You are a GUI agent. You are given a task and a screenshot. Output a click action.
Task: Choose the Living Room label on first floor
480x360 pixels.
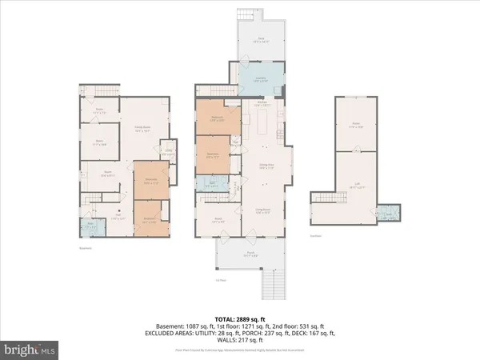[x=261, y=210]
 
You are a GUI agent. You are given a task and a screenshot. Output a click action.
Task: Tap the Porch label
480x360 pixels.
[x=250, y=255]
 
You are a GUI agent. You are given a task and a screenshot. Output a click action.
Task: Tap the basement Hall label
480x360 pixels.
[x=118, y=215]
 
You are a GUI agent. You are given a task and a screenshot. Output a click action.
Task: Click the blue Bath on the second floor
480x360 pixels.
[x=389, y=214]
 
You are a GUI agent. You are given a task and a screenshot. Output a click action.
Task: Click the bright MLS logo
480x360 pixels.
[x=30, y=350]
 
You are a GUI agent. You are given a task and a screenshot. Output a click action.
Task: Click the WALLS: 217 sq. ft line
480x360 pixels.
[x=239, y=338]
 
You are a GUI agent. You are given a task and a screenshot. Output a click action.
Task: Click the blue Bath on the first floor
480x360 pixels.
[x=210, y=182]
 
